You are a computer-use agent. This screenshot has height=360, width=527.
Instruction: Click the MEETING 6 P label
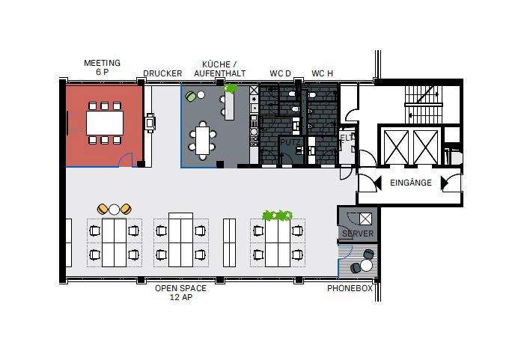pos(102,67)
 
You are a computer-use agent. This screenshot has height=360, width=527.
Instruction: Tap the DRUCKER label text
pos(162,73)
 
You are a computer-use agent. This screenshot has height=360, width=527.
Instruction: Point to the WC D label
pos(280,73)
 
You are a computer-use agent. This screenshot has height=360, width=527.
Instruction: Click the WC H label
pos(322,73)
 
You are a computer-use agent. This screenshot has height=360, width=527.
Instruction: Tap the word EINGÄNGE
pos(410,182)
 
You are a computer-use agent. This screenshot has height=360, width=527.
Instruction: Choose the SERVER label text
pos(357,234)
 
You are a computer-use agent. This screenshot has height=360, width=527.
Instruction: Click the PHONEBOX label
pos(350,289)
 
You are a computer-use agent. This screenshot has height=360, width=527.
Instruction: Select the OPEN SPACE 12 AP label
pos(180,292)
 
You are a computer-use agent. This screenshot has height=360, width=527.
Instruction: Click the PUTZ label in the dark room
pos(290,141)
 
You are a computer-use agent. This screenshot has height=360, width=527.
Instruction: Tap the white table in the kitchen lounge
pos(203,138)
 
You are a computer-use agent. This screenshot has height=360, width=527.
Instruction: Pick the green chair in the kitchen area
pos(191,96)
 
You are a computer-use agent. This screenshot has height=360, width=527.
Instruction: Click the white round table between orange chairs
pos(115,209)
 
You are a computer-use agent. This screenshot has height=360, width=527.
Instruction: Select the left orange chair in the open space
pos(103,209)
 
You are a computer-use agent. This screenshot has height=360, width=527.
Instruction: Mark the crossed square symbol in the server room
pos(365,219)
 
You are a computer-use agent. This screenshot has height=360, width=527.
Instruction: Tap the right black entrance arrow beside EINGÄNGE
pos(445,182)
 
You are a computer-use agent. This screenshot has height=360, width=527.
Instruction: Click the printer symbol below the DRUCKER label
pos(150,121)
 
